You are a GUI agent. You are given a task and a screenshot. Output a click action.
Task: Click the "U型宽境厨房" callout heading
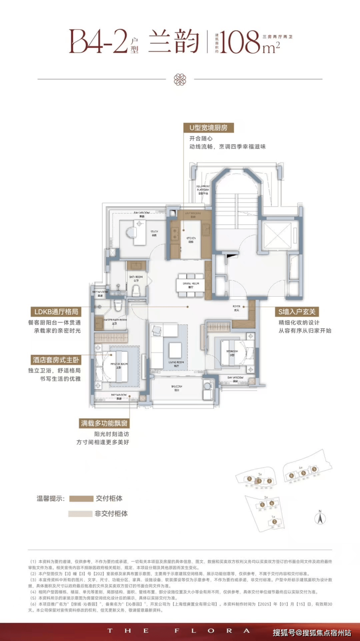[208, 128]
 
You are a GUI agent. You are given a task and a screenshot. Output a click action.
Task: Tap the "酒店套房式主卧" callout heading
[54, 360]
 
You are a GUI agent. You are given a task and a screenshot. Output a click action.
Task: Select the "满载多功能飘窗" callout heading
[105, 423]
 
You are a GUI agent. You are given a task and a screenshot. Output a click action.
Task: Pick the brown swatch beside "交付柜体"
[81, 499]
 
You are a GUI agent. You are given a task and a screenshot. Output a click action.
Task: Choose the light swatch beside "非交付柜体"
[81, 514]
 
